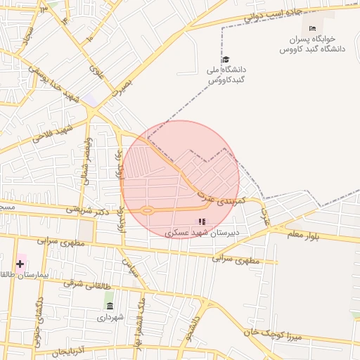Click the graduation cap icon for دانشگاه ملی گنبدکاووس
[x=225, y=60]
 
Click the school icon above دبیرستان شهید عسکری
[x=202, y=221]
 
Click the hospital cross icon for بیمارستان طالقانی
[x=20, y=264]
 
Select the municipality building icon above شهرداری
[x=109, y=305]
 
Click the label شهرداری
[x=110, y=317]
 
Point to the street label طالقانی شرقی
[x=88, y=285]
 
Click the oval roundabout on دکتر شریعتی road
[x=147, y=210]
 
